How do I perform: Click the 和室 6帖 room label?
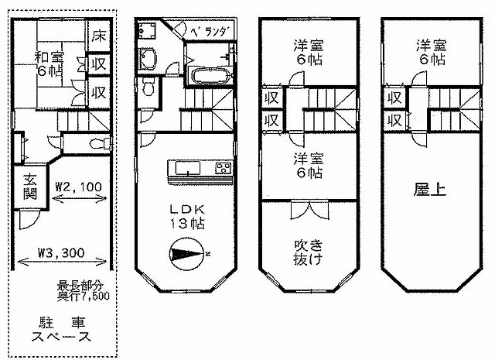coord(49,64)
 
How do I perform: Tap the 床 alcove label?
coord(99,36)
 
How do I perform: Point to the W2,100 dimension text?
coord(78,187)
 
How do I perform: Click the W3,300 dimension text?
coord(61,252)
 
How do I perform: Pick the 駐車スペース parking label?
coord(62,330)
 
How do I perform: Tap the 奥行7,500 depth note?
coord(84,296)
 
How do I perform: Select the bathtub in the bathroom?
coord(210,76)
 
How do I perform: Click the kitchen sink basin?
coord(188,167)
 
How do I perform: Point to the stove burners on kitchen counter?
coord(224,167)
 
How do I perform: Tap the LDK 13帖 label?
coord(187,217)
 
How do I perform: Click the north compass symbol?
coord(186,253)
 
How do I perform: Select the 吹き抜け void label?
coord(308,252)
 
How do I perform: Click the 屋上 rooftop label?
coord(430,190)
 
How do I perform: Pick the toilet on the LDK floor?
coord(148,86)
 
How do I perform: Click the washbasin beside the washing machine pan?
coord(148,60)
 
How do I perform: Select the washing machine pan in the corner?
coord(146,31)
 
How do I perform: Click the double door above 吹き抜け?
coord(309,209)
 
